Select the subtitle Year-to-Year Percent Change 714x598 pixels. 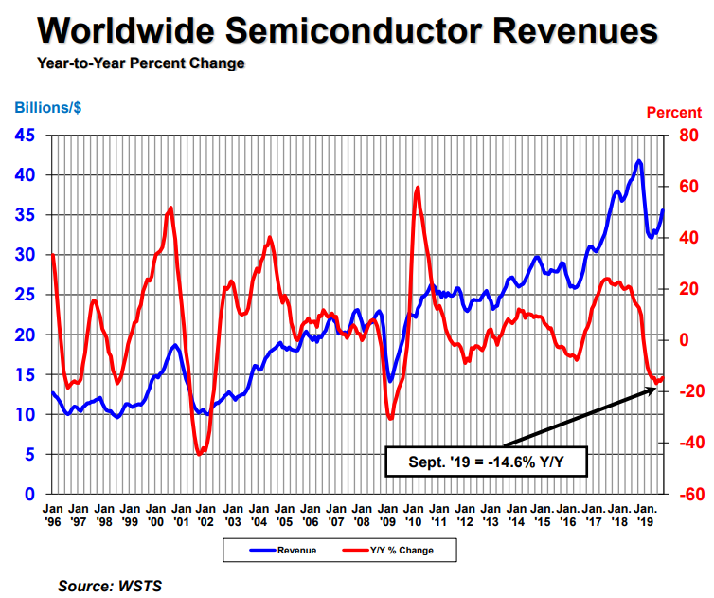140,63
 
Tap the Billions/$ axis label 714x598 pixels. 47,108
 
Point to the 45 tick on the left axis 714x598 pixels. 26,136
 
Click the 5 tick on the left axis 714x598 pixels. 30,455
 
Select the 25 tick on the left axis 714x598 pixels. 26,296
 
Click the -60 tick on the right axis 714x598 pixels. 686,495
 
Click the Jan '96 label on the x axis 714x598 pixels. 54,514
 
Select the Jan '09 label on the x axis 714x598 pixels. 387,514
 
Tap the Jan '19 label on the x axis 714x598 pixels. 644,514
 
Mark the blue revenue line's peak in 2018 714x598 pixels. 639,161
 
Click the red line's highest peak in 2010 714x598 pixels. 417,188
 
